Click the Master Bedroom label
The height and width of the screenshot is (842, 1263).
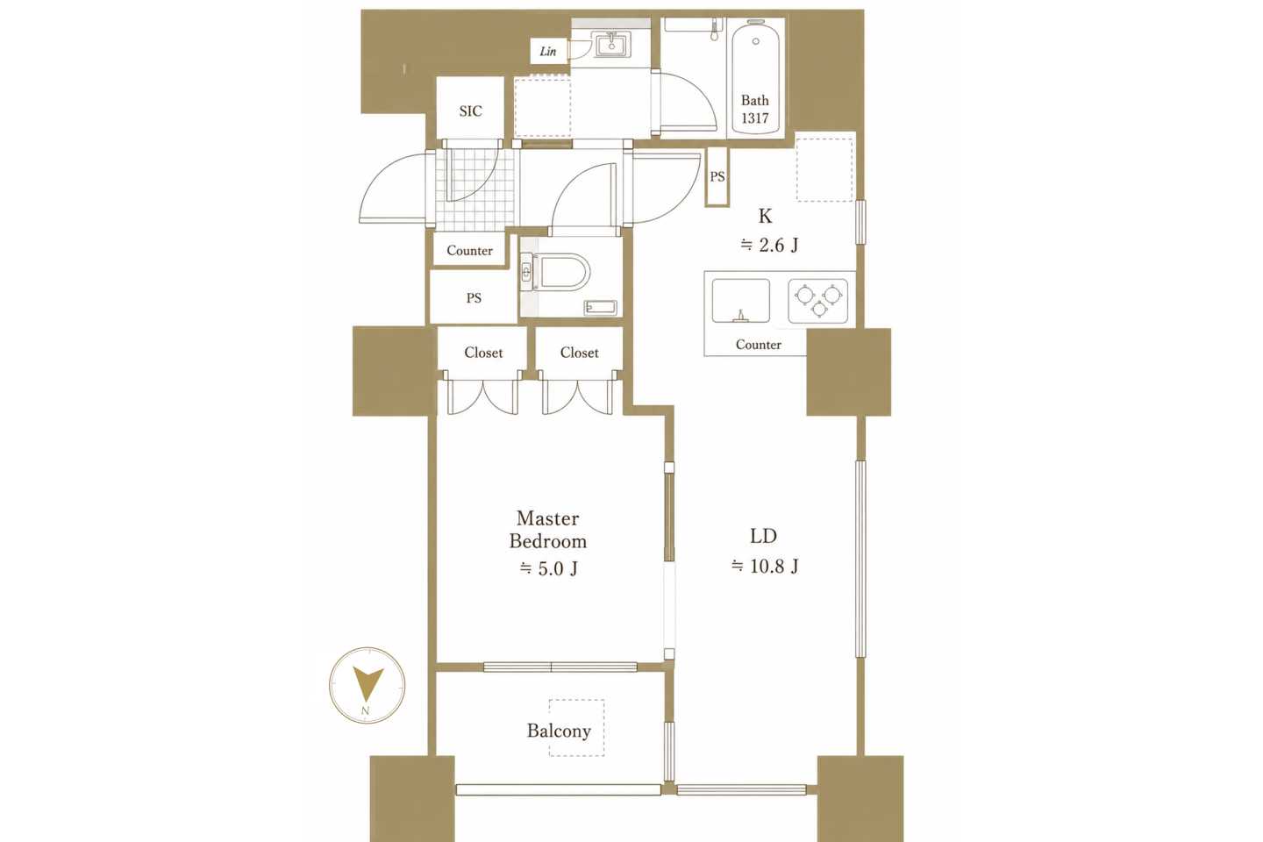(x=547, y=530)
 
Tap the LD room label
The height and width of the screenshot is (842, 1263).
(x=763, y=536)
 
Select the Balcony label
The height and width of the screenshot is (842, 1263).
(x=559, y=731)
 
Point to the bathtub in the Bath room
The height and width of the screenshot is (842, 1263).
(x=755, y=76)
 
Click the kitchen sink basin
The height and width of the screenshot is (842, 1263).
(x=740, y=301)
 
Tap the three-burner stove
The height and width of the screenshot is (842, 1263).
(x=817, y=301)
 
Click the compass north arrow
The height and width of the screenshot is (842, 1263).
(x=367, y=684)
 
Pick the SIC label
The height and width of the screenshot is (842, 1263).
(x=470, y=111)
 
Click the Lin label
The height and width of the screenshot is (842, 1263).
(x=547, y=52)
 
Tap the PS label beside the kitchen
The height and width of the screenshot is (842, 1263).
(x=717, y=177)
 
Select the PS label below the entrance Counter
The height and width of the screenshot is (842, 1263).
(x=474, y=298)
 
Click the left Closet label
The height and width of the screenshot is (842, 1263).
(x=483, y=353)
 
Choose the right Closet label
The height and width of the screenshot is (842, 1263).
(x=579, y=353)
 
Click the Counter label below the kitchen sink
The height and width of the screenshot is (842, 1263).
(x=759, y=345)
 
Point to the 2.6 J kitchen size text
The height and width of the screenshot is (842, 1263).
(x=769, y=246)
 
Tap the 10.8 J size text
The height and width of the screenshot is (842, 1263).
(x=765, y=566)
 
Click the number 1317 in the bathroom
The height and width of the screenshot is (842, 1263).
(x=755, y=118)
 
